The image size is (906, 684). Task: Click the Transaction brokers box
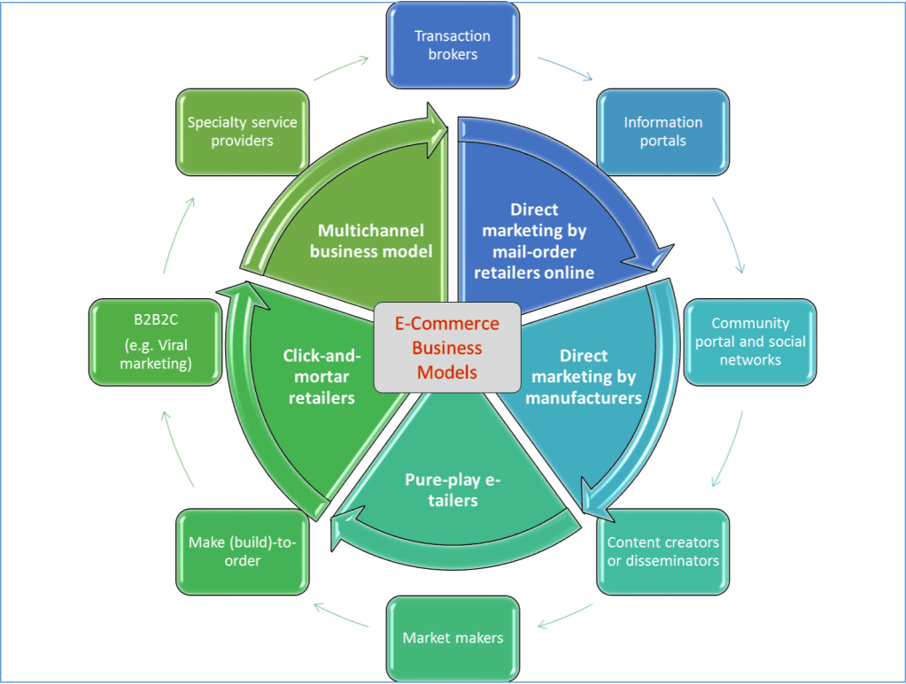[x=453, y=45]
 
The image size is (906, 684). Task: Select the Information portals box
[x=662, y=131]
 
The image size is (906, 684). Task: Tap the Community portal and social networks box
[x=750, y=342]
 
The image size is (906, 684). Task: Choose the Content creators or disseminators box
[x=662, y=551]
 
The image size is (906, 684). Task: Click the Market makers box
[x=453, y=637]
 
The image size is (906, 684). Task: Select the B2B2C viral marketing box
[x=155, y=342]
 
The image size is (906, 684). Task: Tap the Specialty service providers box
[x=242, y=131]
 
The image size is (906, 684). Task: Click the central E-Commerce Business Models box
[x=446, y=348]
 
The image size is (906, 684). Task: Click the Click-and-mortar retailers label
[x=322, y=376]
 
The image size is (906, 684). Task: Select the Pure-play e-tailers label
[x=453, y=490]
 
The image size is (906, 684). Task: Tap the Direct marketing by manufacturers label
[x=584, y=376]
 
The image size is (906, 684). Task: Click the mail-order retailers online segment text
[x=534, y=241]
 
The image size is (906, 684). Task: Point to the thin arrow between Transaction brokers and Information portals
[x=564, y=70]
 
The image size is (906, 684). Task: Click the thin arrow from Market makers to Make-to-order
[x=341, y=617]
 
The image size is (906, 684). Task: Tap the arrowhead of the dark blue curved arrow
[x=651, y=259]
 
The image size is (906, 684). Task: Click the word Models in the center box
[x=446, y=373]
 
